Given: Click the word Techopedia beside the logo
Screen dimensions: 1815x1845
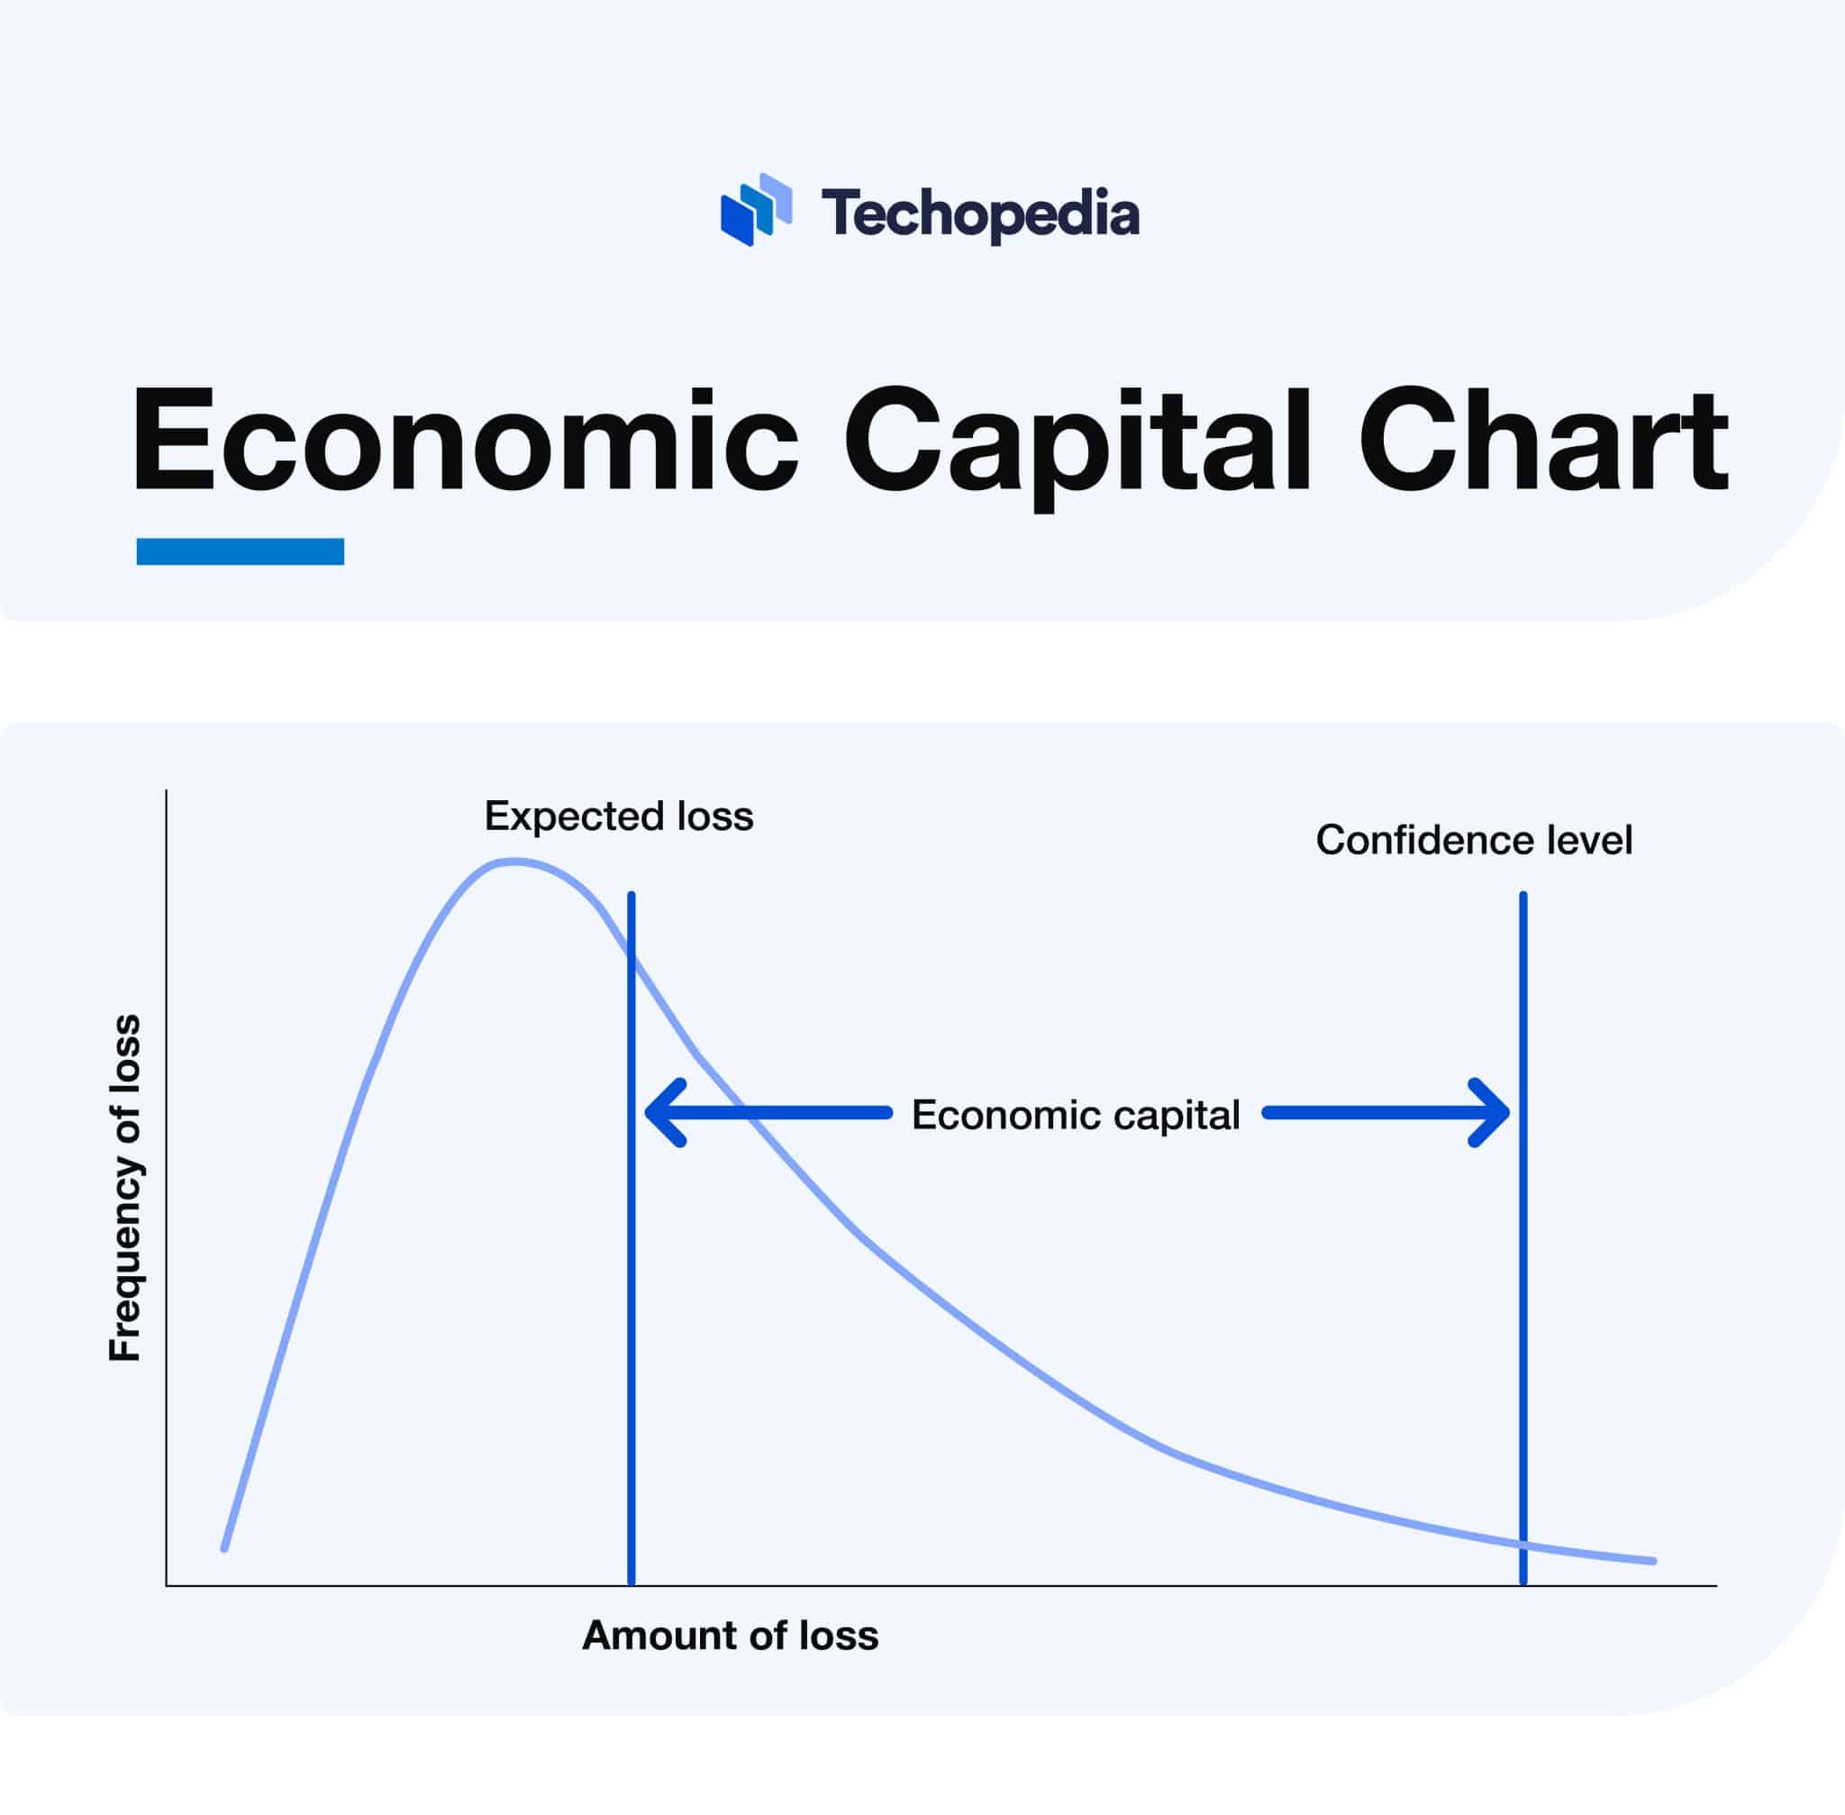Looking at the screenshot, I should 979,214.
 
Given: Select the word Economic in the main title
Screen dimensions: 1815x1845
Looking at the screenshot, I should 464,441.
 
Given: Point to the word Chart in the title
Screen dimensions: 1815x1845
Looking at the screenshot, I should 1542,441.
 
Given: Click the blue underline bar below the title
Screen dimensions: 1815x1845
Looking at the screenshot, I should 241,551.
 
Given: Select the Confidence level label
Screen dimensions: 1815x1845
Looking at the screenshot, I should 1473,841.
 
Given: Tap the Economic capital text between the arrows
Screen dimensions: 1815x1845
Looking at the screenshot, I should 1075,1115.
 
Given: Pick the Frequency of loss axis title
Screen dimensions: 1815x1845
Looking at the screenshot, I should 125,1188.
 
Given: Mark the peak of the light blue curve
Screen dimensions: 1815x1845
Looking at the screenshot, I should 513,862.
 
